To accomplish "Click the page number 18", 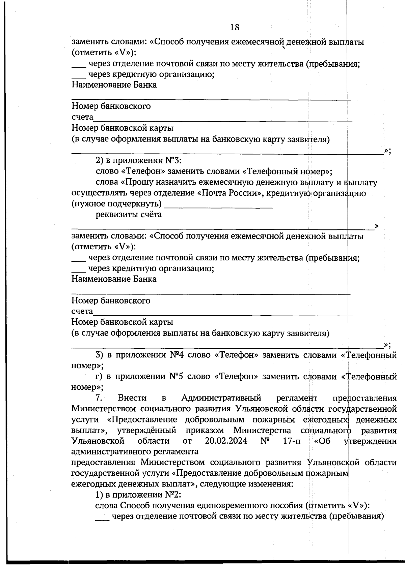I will tap(235, 27).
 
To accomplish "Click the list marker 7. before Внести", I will tap(99, 398).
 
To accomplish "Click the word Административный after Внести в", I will tap(221, 398).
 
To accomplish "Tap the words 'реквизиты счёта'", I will tap(129, 215).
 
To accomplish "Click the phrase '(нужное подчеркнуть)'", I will tap(116, 204).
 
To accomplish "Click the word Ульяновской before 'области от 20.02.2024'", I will tap(98, 441).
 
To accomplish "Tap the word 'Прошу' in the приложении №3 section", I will tap(138, 183).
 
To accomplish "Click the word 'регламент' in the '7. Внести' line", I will tap(297, 398).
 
